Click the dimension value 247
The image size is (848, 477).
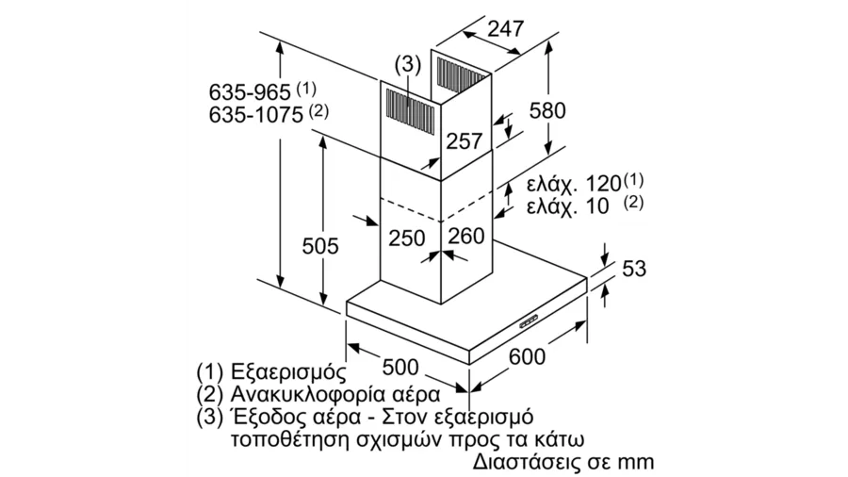tap(506, 28)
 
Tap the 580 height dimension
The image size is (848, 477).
tap(547, 110)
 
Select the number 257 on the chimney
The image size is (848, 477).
tap(464, 141)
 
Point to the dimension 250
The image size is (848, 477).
tap(407, 238)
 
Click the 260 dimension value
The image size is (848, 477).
tap(466, 236)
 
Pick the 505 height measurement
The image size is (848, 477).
tap(320, 246)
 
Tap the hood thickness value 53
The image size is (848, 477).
tap(634, 269)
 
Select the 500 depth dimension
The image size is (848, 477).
tap(400, 368)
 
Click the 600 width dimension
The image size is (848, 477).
tap(528, 357)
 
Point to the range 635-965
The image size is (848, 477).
tap(250, 92)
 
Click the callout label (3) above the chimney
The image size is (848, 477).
tap(407, 64)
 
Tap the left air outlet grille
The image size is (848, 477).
tap(410, 107)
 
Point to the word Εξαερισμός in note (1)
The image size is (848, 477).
tap(287, 372)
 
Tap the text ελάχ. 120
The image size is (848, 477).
tap(574, 185)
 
